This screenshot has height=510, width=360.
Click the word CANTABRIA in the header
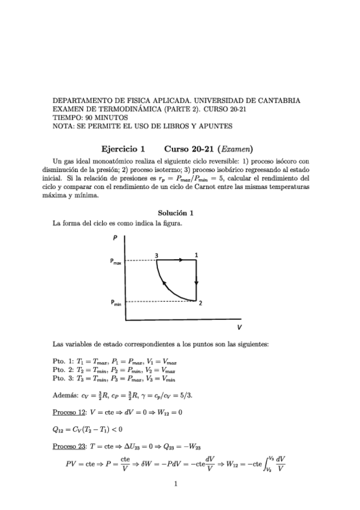coord(281,101)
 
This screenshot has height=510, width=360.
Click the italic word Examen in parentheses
coord(236,149)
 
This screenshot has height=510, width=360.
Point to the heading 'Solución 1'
coord(175,213)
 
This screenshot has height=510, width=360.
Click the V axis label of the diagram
coord(239,328)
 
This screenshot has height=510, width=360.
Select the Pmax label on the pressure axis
coord(116,261)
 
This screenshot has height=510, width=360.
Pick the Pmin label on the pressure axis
coord(116,304)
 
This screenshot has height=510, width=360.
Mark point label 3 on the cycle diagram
coord(156,255)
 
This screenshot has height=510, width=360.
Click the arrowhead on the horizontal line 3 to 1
coord(180,260)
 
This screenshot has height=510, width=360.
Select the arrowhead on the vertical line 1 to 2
coord(196,283)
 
